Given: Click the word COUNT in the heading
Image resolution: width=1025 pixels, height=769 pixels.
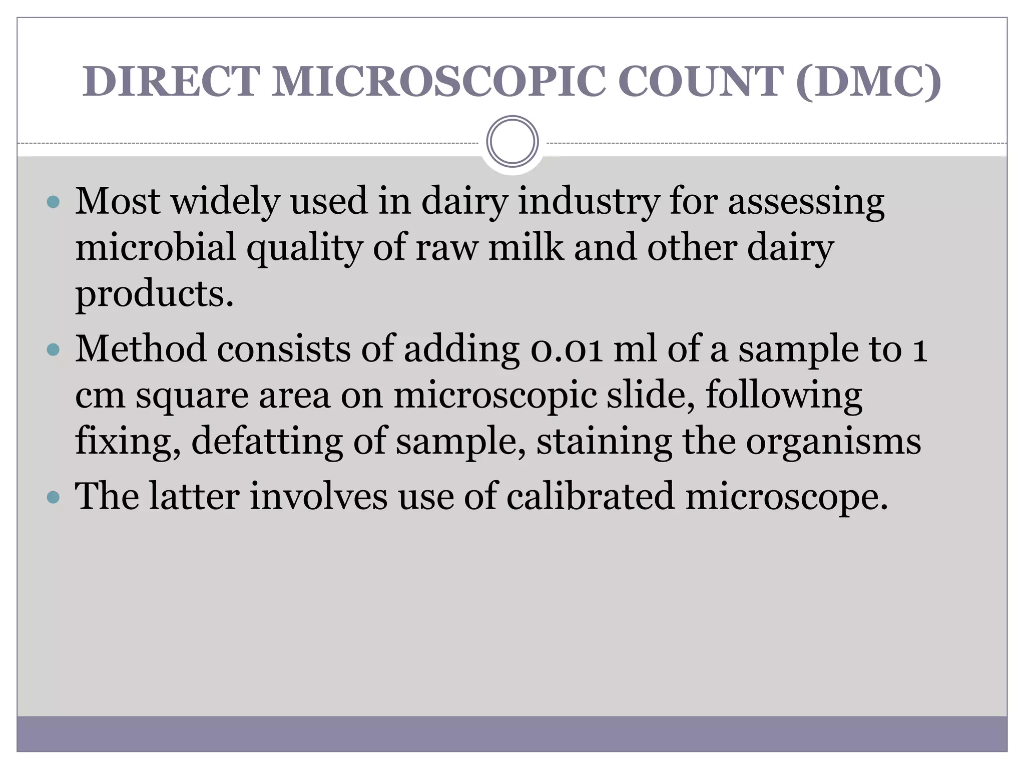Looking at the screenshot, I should pyautogui.click(x=701, y=81).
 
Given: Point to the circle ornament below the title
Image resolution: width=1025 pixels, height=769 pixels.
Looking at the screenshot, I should pyautogui.click(x=512, y=142).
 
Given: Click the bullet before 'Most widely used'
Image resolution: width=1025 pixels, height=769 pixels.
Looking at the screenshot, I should pyautogui.click(x=53, y=202).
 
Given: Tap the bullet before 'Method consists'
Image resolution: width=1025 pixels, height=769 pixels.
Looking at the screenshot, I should pyautogui.click(x=53, y=349).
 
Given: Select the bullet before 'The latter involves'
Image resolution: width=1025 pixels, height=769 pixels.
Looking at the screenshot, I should pyautogui.click(x=53, y=497).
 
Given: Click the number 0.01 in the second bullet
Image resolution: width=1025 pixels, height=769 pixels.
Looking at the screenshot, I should pyautogui.click(x=567, y=349).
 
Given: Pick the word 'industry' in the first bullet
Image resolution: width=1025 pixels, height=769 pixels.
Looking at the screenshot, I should pyautogui.click(x=589, y=202).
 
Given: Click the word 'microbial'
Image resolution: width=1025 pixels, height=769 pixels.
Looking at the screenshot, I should pyautogui.click(x=155, y=247).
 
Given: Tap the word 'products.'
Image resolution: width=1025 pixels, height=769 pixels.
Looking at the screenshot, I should pyautogui.click(x=154, y=295).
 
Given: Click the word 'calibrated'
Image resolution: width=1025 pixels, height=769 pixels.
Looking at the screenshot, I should pyautogui.click(x=590, y=496).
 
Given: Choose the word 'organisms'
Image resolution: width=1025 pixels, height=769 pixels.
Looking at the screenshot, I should pyautogui.click(x=833, y=442).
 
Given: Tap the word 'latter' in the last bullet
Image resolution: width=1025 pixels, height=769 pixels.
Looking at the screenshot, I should pyautogui.click(x=195, y=496).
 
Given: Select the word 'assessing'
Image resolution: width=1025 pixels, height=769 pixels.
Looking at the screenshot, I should pyautogui.click(x=806, y=202).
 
